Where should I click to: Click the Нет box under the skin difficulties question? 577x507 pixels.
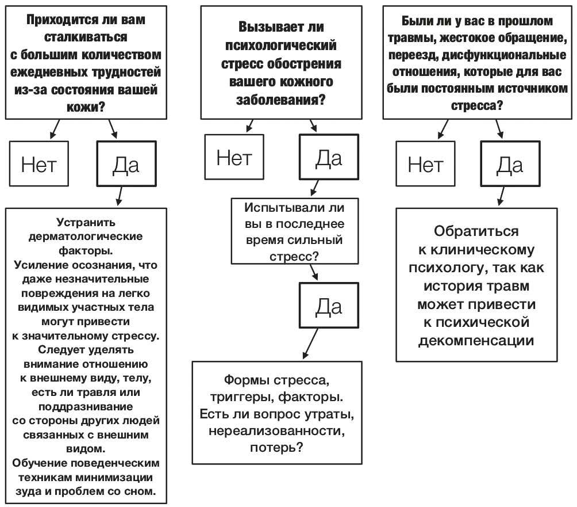tap(39, 165)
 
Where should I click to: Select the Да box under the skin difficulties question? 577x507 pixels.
tap(126, 165)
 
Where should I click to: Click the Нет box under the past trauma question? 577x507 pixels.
tap(425, 165)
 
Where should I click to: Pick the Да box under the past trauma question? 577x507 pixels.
tap(510, 165)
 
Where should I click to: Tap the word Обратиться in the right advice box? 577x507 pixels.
tap(476, 231)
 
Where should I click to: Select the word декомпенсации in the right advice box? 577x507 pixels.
tap(476, 340)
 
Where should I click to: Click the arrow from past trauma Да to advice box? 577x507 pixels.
tap(501, 195)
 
